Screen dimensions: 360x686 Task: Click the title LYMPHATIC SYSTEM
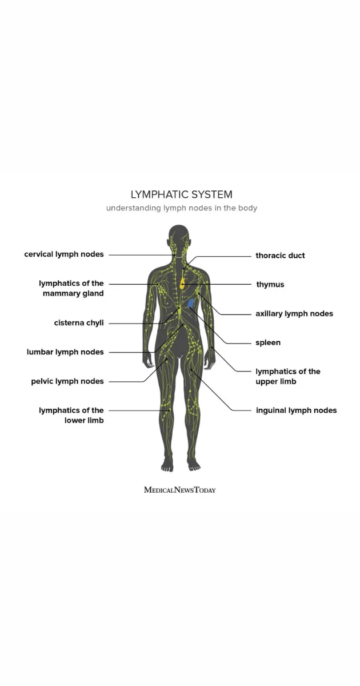[x=182, y=194]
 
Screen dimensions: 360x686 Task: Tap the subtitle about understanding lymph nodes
[x=182, y=208]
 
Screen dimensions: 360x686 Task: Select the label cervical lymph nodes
[x=64, y=254]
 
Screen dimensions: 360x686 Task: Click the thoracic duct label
[x=280, y=256]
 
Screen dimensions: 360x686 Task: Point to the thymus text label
[x=270, y=285]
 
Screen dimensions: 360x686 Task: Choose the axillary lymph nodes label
[x=294, y=314]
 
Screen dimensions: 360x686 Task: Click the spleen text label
[x=268, y=342]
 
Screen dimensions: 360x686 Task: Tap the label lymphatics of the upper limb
[x=288, y=376]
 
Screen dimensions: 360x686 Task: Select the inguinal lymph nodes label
[x=297, y=410]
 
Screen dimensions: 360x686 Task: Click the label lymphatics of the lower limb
[x=71, y=415]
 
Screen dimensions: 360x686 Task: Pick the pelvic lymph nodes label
[x=67, y=381]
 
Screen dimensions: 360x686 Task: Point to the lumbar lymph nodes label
[x=65, y=352]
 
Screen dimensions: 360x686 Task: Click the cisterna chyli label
[x=79, y=323]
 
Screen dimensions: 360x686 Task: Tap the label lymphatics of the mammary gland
[x=71, y=288]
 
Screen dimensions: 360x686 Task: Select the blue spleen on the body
[x=191, y=303]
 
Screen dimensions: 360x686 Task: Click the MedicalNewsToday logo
[x=180, y=490]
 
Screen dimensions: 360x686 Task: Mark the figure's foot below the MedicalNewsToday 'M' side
[x=167, y=465]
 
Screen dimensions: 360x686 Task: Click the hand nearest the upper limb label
[x=210, y=361]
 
